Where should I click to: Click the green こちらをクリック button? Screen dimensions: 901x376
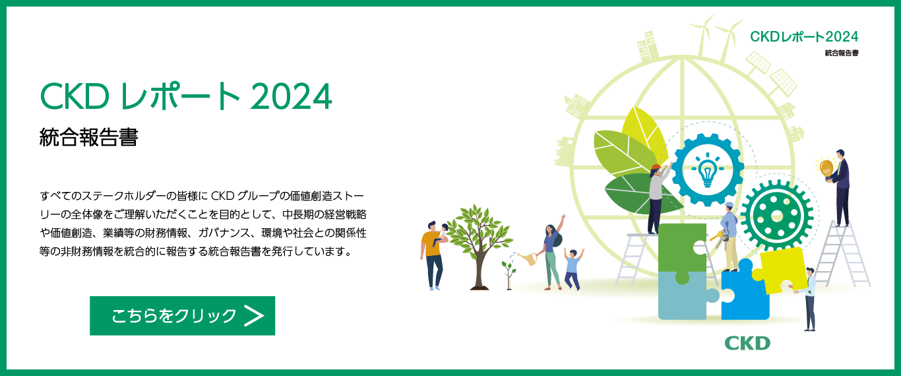tap(182, 316)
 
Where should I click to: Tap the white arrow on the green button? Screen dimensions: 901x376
tap(254, 316)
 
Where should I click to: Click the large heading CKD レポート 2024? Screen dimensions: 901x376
tap(186, 96)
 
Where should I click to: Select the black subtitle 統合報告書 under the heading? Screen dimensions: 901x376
tap(88, 137)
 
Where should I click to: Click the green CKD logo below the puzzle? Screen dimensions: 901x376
tap(747, 344)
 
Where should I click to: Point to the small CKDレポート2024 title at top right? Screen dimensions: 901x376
tap(805, 36)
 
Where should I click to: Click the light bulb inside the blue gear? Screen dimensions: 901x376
tap(708, 170)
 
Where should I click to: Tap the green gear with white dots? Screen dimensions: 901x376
tap(777, 216)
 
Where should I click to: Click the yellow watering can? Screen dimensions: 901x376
tap(527, 258)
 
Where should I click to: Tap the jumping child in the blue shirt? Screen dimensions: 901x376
tap(573, 268)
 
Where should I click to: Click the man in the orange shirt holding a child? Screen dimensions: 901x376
tap(433, 255)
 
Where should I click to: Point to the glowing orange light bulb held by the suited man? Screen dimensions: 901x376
tap(826, 168)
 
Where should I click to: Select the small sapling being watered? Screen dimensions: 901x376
tap(509, 274)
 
